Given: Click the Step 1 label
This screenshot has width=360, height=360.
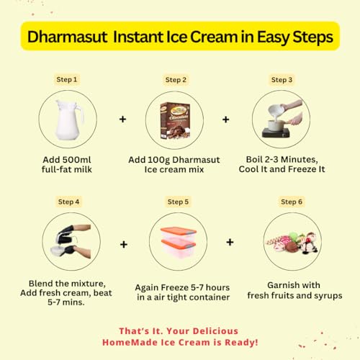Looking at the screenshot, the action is pyautogui.click(x=67, y=79).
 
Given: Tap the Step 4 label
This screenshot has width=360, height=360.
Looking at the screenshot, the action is pyautogui.click(x=68, y=202).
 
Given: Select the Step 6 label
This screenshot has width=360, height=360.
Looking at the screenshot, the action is pyautogui.click(x=292, y=202).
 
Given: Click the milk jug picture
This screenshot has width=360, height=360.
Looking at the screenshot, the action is pyautogui.click(x=69, y=120).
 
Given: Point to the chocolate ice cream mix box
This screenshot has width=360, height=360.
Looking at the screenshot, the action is pyautogui.click(x=175, y=120).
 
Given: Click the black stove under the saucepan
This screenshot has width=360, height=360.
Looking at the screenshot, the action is pyautogui.click(x=276, y=132).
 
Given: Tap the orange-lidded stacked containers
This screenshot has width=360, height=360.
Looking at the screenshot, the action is pyautogui.click(x=179, y=242).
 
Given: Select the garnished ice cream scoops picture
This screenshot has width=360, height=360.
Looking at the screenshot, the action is pyautogui.click(x=292, y=243).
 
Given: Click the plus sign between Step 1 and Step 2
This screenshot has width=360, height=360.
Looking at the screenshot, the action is pyautogui.click(x=123, y=119).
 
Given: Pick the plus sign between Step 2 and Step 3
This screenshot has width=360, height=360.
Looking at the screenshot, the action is pyautogui.click(x=226, y=120).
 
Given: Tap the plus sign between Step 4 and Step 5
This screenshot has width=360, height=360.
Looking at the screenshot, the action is pyautogui.click(x=124, y=244).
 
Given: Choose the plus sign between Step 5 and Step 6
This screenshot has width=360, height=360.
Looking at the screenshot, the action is pyautogui.click(x=230, y=242).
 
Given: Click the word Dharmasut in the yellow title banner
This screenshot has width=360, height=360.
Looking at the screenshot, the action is pyautogui.click(x=67, y=37).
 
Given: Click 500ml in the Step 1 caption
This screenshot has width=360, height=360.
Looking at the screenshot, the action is pyautogui.click(x=77, y=160).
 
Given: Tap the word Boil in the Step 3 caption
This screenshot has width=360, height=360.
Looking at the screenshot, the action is pyautogui.click(x=254, y=159).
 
